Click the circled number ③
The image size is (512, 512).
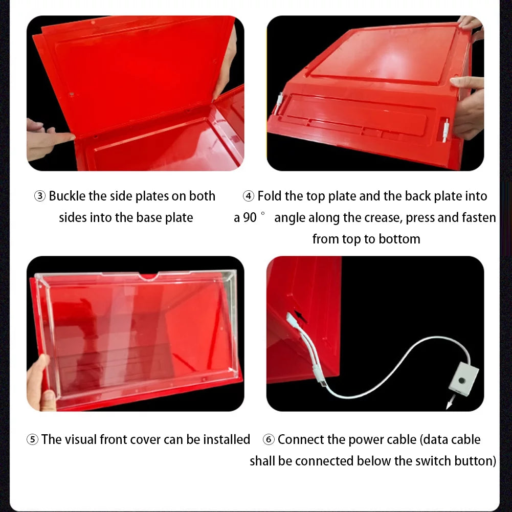point(40,196)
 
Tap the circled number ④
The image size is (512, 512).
point(249,196)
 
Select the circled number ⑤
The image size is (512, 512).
point(32,439)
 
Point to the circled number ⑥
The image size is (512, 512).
point(269,439)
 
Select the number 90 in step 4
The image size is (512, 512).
point(250,218)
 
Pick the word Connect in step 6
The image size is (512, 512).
point(302,439)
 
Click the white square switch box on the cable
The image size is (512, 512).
point(463,380)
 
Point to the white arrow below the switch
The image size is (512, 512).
point(450,404)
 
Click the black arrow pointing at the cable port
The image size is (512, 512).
point(301,318)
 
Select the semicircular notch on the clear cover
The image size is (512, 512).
point(148,277)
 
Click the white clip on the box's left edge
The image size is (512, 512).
point(279,102)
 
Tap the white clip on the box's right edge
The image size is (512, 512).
point(446,130)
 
